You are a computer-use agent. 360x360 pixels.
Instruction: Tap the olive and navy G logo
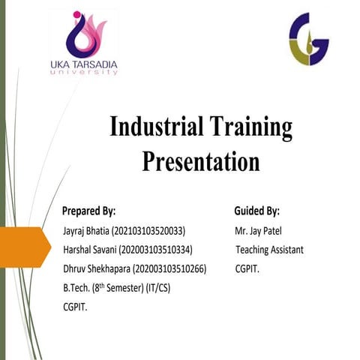tap(309, 38)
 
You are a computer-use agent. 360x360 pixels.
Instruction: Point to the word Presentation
tap(201, 160)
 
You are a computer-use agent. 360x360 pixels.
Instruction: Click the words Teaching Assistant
tap(269, 250)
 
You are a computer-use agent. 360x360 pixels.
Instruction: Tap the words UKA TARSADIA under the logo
tap(83, 64)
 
